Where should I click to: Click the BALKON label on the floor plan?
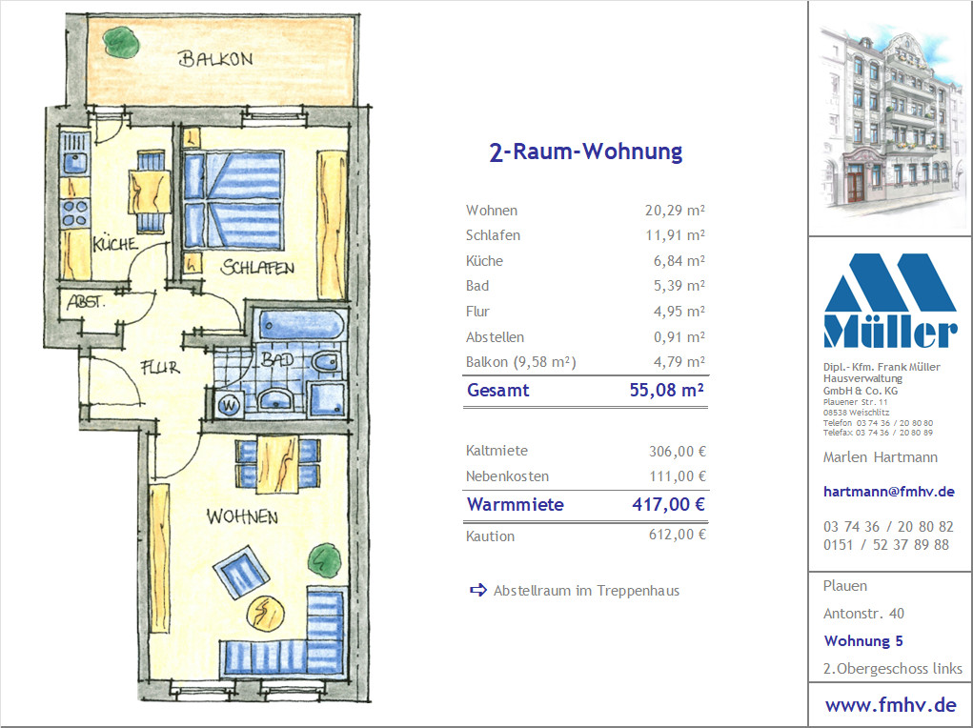point(215,59)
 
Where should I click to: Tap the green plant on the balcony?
point(121,42)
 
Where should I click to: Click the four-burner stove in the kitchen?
point(75,212)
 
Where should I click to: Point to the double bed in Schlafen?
point(233,200)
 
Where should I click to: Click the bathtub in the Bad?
point(301,325)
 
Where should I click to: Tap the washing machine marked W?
point(229,406)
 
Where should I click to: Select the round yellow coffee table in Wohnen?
point(266,614)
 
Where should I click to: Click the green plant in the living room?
point(325,559)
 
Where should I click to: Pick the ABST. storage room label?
point(87,302)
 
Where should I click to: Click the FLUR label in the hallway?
point(160,368)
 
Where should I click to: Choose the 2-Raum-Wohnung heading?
point(586,152)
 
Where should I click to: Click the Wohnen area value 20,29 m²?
point(675,211)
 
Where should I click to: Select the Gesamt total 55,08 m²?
point(666,390)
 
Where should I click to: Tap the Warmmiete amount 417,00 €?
point(668,504)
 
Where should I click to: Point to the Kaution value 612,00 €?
point(677,535)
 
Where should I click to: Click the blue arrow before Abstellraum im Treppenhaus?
point(477,590)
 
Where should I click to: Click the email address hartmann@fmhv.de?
point(888,492)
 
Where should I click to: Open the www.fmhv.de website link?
point(890,705)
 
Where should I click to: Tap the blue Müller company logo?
point(890,300)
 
